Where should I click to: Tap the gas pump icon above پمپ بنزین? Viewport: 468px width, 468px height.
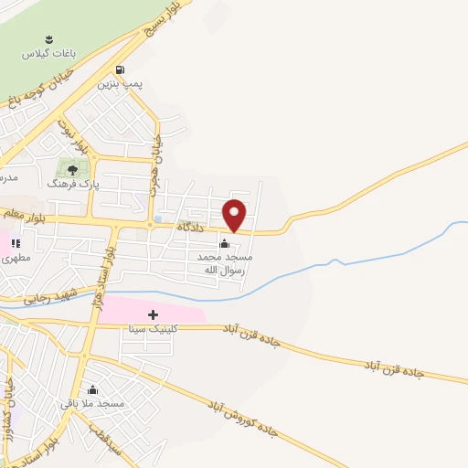pos(120,69)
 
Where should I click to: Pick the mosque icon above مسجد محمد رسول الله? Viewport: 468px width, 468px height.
pos(224,243)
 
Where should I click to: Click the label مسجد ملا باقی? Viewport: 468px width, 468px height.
pos(92,403)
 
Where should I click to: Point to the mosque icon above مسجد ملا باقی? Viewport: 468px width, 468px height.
pos(92,389)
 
